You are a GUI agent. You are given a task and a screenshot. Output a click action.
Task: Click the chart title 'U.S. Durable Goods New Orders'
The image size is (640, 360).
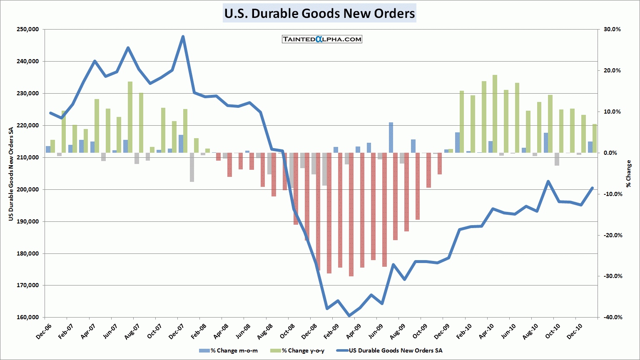319,13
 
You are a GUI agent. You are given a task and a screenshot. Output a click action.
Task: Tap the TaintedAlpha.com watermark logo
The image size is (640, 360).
322,39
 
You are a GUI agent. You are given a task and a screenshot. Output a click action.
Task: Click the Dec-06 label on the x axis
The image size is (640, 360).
44,331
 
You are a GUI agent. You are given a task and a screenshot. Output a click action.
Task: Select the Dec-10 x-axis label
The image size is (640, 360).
575,331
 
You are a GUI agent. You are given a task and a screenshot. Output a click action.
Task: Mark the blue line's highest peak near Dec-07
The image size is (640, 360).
183,37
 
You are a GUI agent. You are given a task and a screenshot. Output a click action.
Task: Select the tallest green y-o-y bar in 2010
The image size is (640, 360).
495,113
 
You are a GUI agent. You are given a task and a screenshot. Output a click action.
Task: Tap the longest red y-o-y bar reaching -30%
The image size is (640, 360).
351,214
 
